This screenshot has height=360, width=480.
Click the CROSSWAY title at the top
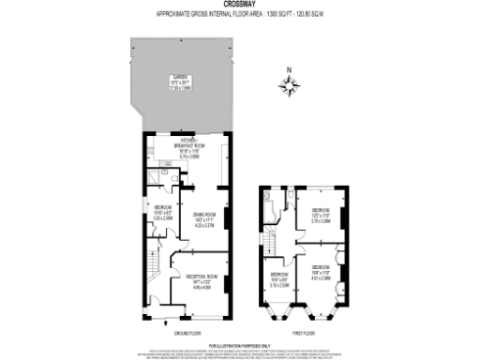(x=239, y=5)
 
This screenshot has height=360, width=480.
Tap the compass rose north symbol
(x=292, y=87)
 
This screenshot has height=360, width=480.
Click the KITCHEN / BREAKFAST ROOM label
(x=185, y=149)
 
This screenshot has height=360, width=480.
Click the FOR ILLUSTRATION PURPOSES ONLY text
(x=239, y=344)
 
